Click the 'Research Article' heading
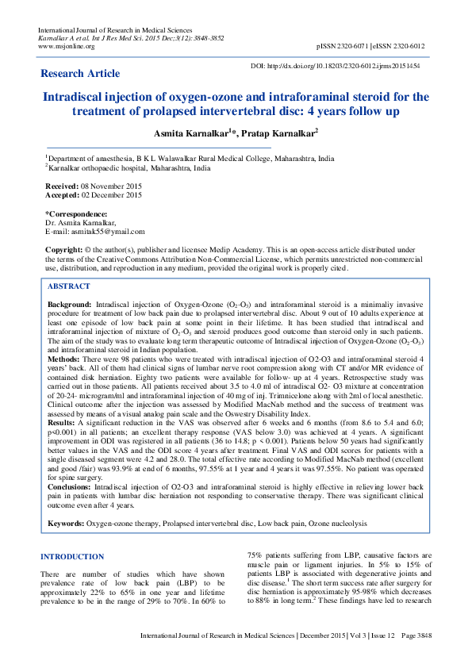coord(82,74)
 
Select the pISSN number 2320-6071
coord(355,46)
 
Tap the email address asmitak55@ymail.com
coord(106,231)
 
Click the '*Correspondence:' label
coord(76,213)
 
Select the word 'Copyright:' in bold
coord(64,250)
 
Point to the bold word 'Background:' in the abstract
coord(70,304)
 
